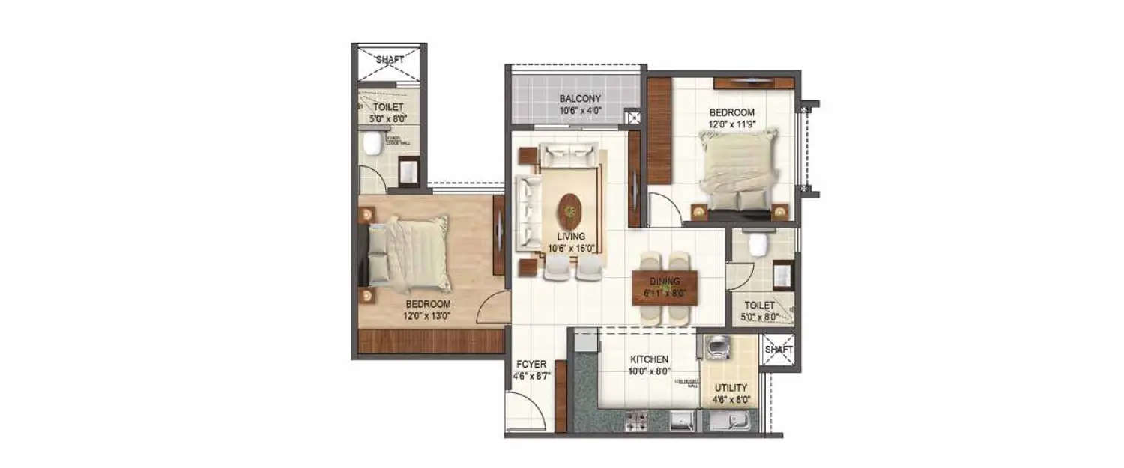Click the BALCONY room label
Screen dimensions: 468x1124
tap(580, 99)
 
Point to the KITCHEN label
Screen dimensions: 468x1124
tap(648, 359)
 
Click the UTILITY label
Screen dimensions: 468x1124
tap(730, 388)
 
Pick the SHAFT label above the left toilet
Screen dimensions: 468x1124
tap(389, 60)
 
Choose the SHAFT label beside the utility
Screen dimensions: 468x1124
tap(777, 350)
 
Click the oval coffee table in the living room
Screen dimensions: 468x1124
tap(571, 210)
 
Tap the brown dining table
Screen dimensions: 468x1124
tap(665, 288)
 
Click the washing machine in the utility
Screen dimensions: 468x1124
tap(717, 348)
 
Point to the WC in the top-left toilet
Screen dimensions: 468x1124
tap(372, 142)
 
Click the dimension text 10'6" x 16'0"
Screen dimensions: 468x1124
tap(570, 249)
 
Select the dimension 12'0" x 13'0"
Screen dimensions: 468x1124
tap(428, 316)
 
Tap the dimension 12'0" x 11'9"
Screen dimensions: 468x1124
tap(732, 125)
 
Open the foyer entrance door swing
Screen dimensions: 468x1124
tap(528, 412)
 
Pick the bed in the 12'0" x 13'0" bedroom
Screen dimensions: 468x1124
tap(408, 255)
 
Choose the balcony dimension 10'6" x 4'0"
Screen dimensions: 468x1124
tap(580, 111)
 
